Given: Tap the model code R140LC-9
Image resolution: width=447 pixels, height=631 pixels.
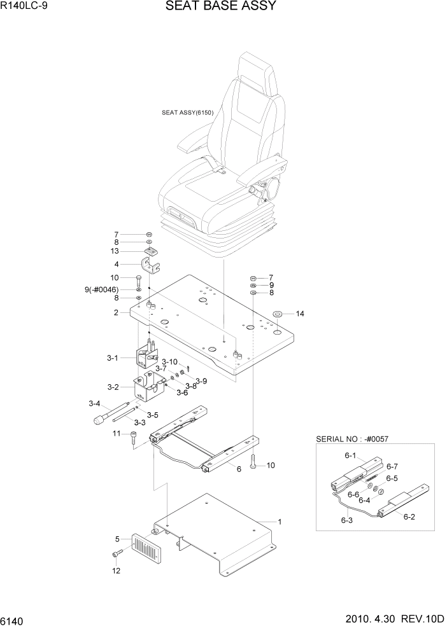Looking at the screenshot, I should click(x=25, y=7).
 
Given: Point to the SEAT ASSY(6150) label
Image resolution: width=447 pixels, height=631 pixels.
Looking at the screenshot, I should click(x=187, y=113).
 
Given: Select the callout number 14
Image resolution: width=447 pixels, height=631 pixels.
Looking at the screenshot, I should click(x=301, y=314).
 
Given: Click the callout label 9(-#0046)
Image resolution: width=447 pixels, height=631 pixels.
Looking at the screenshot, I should click(x=102, y=290).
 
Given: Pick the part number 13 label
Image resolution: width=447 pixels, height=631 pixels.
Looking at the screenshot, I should click(x=115, y=251).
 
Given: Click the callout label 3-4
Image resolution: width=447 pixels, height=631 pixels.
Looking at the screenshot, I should click(x=95, y=403).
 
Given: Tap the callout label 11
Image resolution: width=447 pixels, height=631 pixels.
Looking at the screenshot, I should click(x=116, y=434).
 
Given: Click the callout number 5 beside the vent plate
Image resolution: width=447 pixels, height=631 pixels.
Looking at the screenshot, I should click(x=118, y=539).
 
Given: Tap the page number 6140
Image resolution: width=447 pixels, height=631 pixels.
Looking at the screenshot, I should click(x=16, y=619).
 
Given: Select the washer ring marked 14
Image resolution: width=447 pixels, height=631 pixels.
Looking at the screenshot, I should click(x=278, y=314).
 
